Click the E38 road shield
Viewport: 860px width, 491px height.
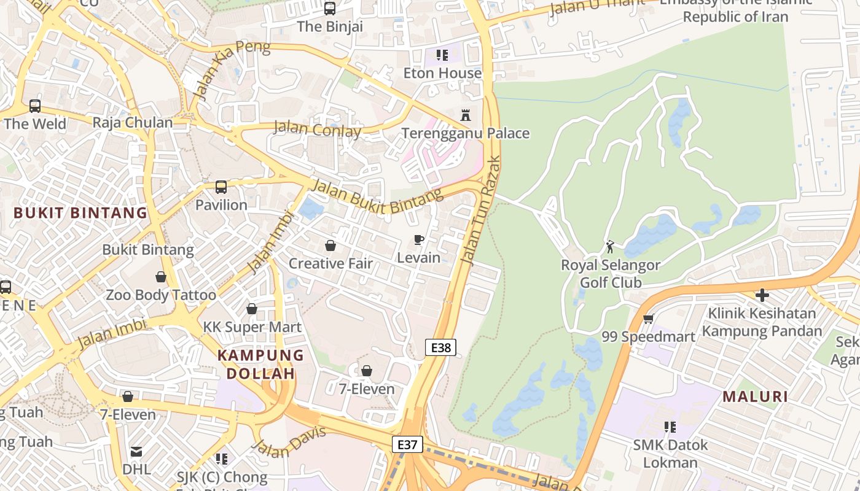(440, 348)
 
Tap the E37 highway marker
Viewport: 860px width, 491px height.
(407, 444)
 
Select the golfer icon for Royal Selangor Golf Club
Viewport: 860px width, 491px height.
(610, 247)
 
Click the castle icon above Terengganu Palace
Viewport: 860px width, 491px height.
(466, 115)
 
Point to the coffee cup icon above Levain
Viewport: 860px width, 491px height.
(419, 239)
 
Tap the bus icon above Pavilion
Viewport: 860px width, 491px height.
(221, 187)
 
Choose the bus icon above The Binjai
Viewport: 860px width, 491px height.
(330, 9)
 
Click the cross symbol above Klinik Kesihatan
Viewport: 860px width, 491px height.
(762, 295)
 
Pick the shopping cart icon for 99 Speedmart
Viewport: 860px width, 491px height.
(648, 319)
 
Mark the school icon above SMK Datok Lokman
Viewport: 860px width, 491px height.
(670, 427)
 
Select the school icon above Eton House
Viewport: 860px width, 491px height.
(442, 55)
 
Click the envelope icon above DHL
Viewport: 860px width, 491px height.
(136, 452)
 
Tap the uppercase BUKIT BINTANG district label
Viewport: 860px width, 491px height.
(80, 213)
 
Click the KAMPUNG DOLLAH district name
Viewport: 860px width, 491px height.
(260, 364)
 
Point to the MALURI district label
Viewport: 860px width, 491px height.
(755, 396)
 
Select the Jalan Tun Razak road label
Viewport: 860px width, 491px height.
(481, 210)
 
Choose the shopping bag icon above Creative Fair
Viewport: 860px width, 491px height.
(330, 245)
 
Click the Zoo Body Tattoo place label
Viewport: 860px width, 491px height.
(161, 295)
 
